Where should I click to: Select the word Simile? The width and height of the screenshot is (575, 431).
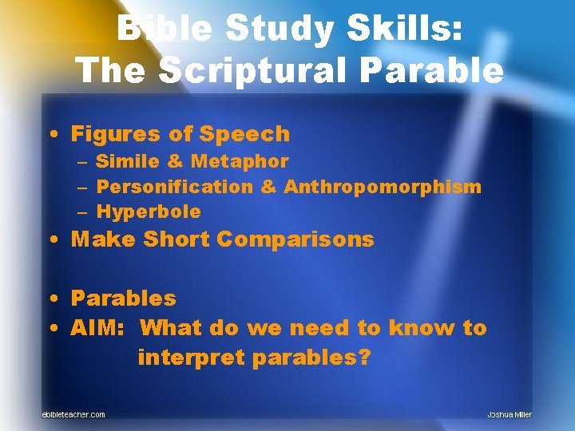click(x=128, y=161)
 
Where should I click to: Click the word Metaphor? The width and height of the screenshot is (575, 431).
click(x=239, y=161)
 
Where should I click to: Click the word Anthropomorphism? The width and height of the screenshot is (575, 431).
click(x=383, y=187)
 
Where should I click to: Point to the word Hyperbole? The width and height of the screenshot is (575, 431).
click(x=149, y=212)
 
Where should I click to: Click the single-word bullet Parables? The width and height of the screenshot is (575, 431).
click(x=123, y=299)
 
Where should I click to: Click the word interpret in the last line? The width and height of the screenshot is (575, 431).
click(x=191, y=358)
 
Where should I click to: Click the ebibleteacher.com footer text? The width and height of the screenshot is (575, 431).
click(x=73, y=414)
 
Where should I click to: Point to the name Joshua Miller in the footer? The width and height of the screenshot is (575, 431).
click(x=509, y=414)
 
